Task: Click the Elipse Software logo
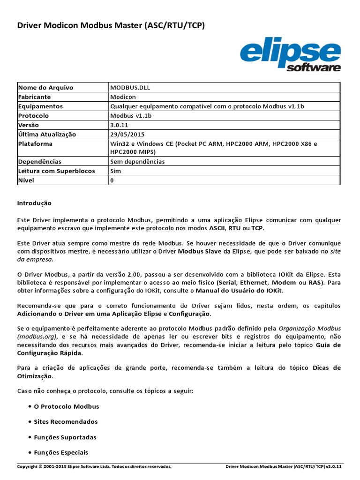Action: (x=290, y=56)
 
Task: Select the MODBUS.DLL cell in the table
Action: (x=130, y=88)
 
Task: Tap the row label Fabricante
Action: (x=34, y=97)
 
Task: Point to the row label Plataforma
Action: (x=35, y=144)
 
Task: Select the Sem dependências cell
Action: (x=137, y=162)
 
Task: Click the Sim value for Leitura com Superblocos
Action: (x=115, y=171)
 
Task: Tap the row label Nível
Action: (x=26, y=180)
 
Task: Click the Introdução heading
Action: (x=34, y=203)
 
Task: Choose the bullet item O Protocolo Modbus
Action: (x=67, y=406)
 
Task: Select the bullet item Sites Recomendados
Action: (x=66, y=422)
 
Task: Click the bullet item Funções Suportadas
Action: (x=65, y=437)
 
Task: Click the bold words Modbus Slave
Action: (x=199, y=252)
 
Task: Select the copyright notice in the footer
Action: (x=94, y=467)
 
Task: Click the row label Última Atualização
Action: (x=47, y=135)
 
